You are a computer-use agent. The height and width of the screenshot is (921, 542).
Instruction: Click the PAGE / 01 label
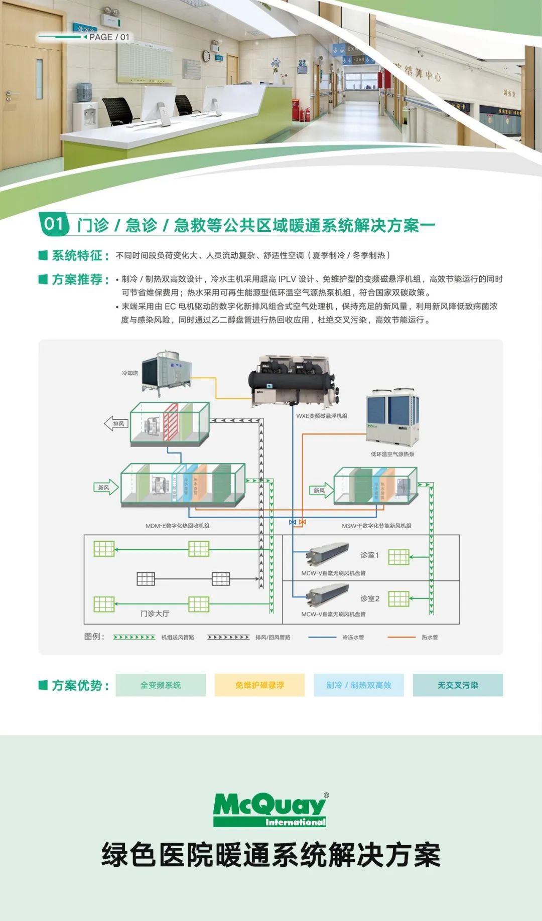109,37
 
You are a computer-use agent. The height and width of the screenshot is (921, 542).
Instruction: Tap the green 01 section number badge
54,224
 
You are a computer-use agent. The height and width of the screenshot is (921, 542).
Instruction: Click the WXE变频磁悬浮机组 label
322,416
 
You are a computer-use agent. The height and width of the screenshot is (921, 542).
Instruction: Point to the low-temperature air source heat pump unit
392,418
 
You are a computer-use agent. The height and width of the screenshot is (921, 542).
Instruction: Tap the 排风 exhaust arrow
116,424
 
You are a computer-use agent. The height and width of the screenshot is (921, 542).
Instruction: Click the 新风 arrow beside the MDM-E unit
106,487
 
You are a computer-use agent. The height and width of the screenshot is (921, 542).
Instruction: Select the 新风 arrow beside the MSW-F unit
321,490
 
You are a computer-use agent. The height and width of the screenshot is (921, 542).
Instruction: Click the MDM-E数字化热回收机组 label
177,526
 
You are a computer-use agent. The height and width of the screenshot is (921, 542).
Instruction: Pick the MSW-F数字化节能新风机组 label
376,526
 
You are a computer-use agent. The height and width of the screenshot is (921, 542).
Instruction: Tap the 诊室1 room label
369,555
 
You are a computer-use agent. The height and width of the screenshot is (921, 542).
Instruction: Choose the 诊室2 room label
369,598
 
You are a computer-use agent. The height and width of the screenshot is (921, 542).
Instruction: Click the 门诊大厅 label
155,613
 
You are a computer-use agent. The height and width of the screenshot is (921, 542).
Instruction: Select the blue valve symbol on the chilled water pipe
293,522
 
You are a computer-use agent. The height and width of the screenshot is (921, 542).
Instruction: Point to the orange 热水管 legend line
401,637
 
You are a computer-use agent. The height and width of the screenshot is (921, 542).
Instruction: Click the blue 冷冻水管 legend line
322,637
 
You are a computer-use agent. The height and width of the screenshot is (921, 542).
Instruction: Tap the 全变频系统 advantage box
161,685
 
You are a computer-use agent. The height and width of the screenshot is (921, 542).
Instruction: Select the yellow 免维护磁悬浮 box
259,685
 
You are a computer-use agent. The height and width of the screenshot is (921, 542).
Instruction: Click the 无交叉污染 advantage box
458,685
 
